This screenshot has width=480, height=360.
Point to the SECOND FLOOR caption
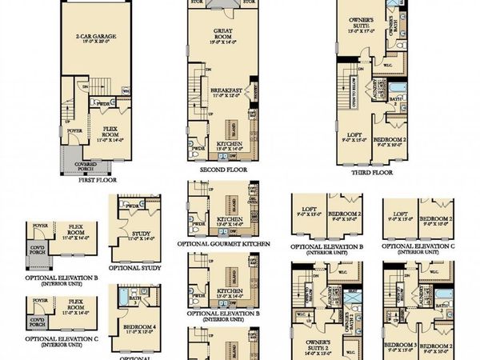tap(221, 170)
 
